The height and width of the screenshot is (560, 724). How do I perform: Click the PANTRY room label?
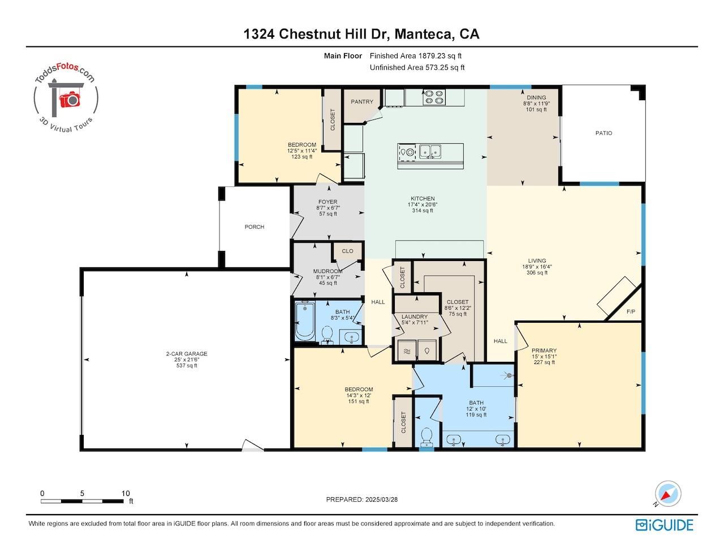click(x=362, y=102)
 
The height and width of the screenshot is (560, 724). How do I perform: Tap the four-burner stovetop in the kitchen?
click(x=434, y=97)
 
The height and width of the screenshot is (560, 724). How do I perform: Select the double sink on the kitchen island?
click(x=430, y=151)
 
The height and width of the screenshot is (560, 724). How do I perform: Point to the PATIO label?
click(x=604, y=133)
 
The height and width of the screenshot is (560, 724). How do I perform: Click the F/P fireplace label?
click(x=631, y=311)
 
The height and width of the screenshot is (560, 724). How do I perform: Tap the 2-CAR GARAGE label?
click(x=187, y=353)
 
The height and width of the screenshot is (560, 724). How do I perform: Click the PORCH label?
click(x=254, y=227)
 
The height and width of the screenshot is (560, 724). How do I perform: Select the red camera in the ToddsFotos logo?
click(x=70, y=99)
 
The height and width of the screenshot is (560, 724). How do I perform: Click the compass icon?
click(x=667, y=494)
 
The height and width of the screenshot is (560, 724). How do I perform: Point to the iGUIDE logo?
click(x=665, y=525)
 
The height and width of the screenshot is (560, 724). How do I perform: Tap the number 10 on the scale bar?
click(x=125, y=493)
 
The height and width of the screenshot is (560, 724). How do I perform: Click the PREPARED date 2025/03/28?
click(x=381, y=499)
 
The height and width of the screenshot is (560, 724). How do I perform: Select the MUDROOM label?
click(x=328, y=271)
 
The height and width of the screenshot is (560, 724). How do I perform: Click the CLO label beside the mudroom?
click(x=347, y=251)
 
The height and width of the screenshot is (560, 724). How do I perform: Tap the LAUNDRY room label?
click(x=415, y=317)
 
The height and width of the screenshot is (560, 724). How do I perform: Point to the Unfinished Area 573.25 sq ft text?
click(x=417, y=67)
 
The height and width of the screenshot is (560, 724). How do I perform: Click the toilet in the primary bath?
click(x=427, y=438)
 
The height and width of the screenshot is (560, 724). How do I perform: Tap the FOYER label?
click(x=328, y=202)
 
